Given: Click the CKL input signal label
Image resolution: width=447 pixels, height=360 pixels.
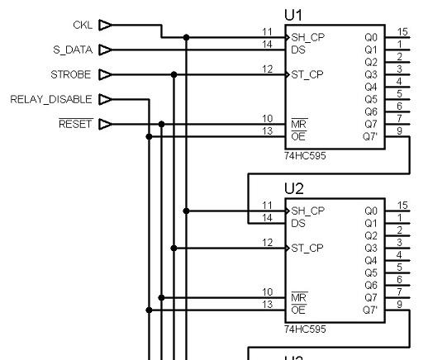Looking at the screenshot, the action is point(83,25).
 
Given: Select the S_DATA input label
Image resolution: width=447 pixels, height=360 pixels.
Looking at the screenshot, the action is point(73,50).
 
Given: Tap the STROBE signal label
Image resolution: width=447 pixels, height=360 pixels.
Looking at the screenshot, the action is point(71,74).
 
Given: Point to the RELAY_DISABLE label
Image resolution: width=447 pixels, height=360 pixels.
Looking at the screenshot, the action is point(51,99).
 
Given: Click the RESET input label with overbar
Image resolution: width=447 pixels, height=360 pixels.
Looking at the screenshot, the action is point(76,124).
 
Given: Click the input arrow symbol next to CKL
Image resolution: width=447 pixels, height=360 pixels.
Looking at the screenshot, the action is point(105,25).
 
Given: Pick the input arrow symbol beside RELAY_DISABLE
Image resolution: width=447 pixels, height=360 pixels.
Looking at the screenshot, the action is point(105,99).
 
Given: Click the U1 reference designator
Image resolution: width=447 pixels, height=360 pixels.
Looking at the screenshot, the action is point(293,15).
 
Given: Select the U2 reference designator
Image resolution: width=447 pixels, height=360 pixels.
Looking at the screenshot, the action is point(294,188).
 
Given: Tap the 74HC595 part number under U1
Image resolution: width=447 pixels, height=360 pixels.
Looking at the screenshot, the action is point(305,156).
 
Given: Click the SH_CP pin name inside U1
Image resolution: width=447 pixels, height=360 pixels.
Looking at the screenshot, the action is point(308,37).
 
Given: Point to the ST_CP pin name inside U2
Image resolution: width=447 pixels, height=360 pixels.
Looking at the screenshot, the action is point(307,249).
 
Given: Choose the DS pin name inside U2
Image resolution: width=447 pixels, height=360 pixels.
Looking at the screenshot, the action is point(298,223).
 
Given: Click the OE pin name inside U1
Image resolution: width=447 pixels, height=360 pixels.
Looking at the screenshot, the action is point(298,136).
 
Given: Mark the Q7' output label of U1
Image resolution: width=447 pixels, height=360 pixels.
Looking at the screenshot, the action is point(370,136).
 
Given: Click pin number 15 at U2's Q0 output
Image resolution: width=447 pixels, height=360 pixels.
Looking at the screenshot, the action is point(402,205).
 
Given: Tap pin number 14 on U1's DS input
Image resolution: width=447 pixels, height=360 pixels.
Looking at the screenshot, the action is point(267,45).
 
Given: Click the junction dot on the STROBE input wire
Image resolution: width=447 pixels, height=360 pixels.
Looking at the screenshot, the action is point(174,74).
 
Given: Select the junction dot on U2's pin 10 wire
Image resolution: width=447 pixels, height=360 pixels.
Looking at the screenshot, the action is point(161,297).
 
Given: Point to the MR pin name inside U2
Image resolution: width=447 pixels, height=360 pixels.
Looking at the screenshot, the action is point(299,297).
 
